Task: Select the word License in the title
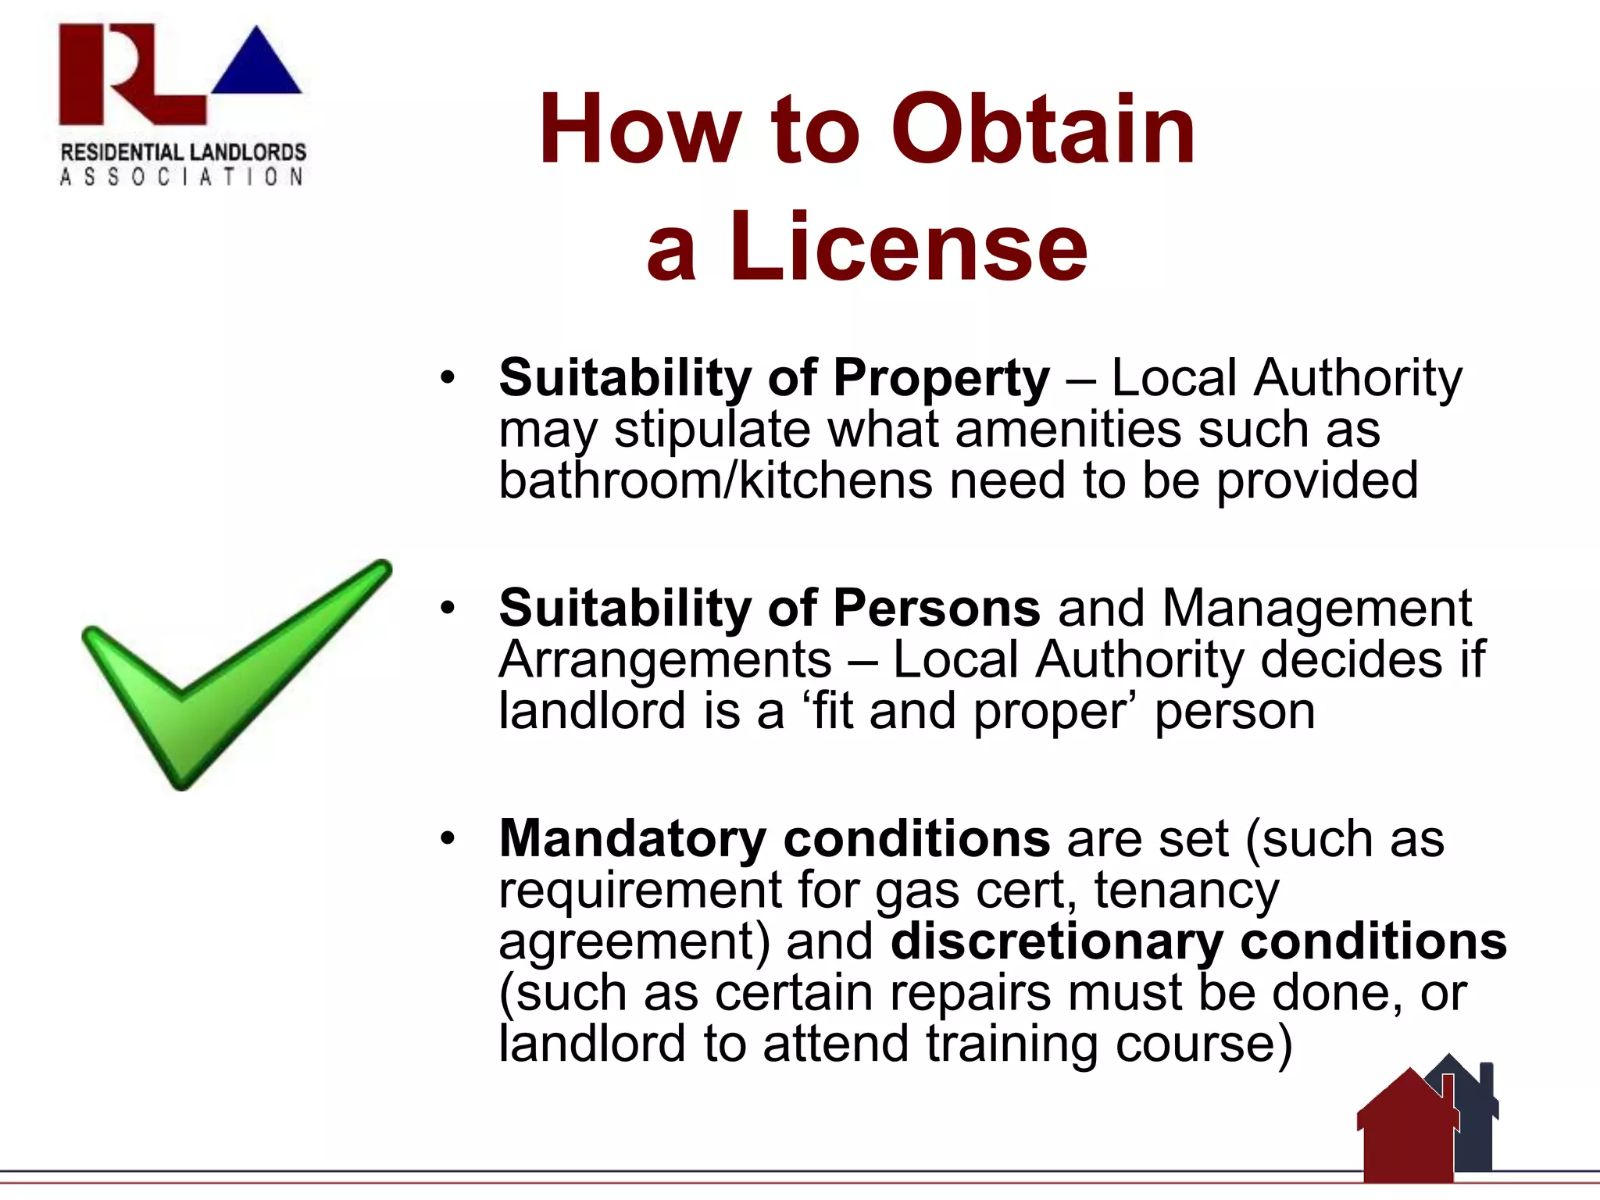(x=908, y=248)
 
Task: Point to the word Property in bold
(x=941, y=379)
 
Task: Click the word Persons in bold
(x=937, y=609)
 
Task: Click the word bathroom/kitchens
(x=716, y=480)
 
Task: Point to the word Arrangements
(x=666, y=660)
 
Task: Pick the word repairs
(x=970, y=993)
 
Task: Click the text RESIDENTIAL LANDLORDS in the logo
(x=184, y=152)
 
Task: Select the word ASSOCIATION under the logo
(x=182, y=177)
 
